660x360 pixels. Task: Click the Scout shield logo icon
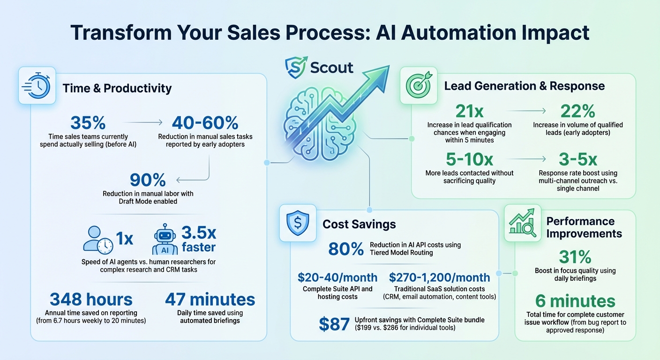point(296,67)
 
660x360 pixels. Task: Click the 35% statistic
point(88,123)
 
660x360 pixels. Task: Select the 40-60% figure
point(205,123)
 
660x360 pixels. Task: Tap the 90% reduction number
point(148,180)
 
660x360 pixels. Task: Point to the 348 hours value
point(91,299)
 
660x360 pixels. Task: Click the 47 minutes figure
point(210,299)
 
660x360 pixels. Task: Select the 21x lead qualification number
point(469,111)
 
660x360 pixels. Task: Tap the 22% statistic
point(577,111)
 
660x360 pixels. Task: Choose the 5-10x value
point(469,159)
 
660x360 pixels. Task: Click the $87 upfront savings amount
point(334,324)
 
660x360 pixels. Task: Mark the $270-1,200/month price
point(439,277)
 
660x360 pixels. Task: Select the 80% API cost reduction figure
point(346,249)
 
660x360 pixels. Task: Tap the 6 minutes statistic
point(576,301)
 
